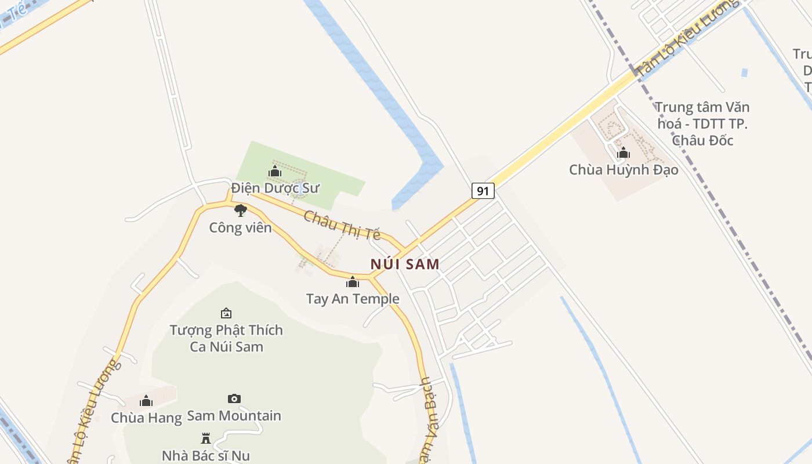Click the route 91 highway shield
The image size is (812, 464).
click(483, 190)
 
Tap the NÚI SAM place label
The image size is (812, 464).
click(405, 264)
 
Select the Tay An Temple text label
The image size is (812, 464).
click(353, 299)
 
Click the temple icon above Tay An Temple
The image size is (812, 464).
click(353, 282)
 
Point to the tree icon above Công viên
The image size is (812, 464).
click(241, 211)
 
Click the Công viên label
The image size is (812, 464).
click(240, 227)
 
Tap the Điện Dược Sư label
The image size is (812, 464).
click(275, 188)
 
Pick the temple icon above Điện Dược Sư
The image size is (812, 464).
click(275, 172)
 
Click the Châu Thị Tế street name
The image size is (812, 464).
click(342, 225)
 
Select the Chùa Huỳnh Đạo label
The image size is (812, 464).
click(623, 170)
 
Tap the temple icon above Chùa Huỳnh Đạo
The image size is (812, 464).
click(623, 153)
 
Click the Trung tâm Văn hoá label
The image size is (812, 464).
click(703, 124)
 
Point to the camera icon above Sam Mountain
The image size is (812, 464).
click(234, 398)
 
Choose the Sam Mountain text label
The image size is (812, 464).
click(234, 416)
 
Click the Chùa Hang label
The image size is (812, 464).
click(146, 418)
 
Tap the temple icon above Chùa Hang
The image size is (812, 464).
click(146, 401)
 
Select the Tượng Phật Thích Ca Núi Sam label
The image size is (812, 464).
click(226, 338)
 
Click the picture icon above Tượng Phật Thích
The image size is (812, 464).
click(226, 313)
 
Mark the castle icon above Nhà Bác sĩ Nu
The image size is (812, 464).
click(205, 438)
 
